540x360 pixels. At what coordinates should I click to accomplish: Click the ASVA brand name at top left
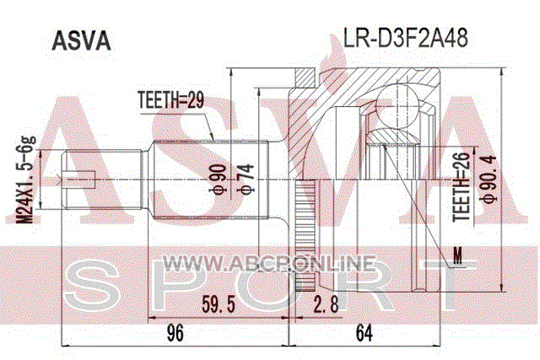tap(81, 41)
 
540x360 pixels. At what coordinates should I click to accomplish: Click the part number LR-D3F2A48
tap(405, 38)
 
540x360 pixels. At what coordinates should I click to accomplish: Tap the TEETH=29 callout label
tap(170, 100)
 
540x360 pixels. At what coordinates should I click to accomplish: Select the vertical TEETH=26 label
tap(462, 187)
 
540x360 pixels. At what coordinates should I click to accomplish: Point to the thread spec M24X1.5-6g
tap(27, 180)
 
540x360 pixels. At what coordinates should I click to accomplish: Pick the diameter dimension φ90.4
tap(489, 179)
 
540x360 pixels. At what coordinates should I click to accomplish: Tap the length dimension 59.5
tap(219, 304)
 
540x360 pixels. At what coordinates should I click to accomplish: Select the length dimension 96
tap(175, 333)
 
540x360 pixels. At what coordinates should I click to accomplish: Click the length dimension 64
tap(364, 333)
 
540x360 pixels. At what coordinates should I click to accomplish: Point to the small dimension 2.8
tap(326, 304)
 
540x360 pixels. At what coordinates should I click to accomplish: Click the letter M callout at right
tap(457, 255)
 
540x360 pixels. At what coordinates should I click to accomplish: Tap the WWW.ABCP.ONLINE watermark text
tap(268, 264)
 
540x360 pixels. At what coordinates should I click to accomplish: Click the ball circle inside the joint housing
tap(397, 106)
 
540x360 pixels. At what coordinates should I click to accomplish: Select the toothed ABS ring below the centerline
tap(305, 235)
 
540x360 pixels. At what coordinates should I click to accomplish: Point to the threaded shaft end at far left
tap(102, 180)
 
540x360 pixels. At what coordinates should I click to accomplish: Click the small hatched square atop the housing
tap(305, 78)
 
